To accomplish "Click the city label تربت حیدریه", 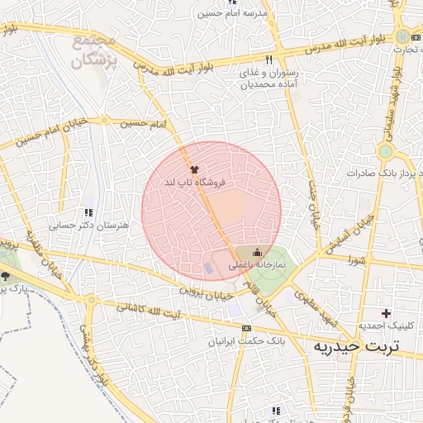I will point(355,346).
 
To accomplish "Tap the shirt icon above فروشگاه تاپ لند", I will point(194,169).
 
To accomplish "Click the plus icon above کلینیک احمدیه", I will point(385,313).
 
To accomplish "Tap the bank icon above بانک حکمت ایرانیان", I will point(245,328).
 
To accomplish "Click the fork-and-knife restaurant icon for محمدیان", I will point(269,60).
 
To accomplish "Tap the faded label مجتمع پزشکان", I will point(96,50).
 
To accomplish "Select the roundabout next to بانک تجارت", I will point(402,36).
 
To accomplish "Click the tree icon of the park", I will point(5,277).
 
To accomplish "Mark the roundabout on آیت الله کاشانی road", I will point(90,302).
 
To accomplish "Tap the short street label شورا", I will point(356,260).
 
